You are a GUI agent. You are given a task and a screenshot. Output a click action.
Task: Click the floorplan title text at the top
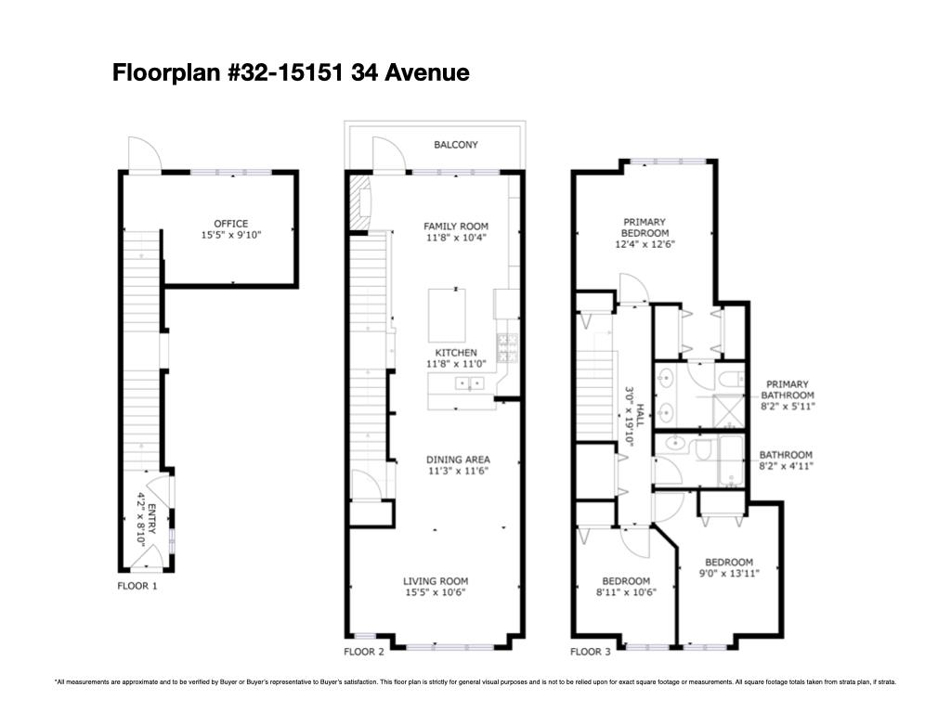pyautogui.click(x=291, y=72)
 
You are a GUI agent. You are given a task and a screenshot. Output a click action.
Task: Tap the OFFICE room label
pyautogui.click(x=231, y=224)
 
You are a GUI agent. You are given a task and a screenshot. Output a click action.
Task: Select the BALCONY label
pyautogui.click(x=456, y=145)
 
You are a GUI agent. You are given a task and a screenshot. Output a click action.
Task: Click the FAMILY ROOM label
pyautogui.click(x=455, y=227)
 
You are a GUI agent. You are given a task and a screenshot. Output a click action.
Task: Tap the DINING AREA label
pyautogui.click(x=457, y=460)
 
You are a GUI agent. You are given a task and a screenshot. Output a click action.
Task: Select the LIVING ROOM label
pyautogui.click(x=435, y=582)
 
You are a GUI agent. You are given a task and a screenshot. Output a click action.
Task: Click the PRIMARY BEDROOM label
pyautogui.click(x=645, y=227)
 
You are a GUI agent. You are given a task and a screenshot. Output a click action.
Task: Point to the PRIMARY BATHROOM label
pyautogui.click(x=787, y=390)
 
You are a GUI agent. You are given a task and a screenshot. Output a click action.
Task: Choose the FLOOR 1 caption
pyautogui.click(x=137, y=586)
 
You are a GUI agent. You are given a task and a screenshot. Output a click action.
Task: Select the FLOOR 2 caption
pyautogui.click(x=364, y=652)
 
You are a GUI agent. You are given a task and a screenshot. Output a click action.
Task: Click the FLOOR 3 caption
pyautogui.click(x=591, y=652)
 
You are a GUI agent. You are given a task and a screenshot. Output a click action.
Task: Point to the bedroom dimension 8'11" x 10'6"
pyautogui.click(x=626, y=592)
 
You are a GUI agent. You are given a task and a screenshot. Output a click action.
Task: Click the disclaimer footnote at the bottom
pyautogui.click(x=475, y=682)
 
